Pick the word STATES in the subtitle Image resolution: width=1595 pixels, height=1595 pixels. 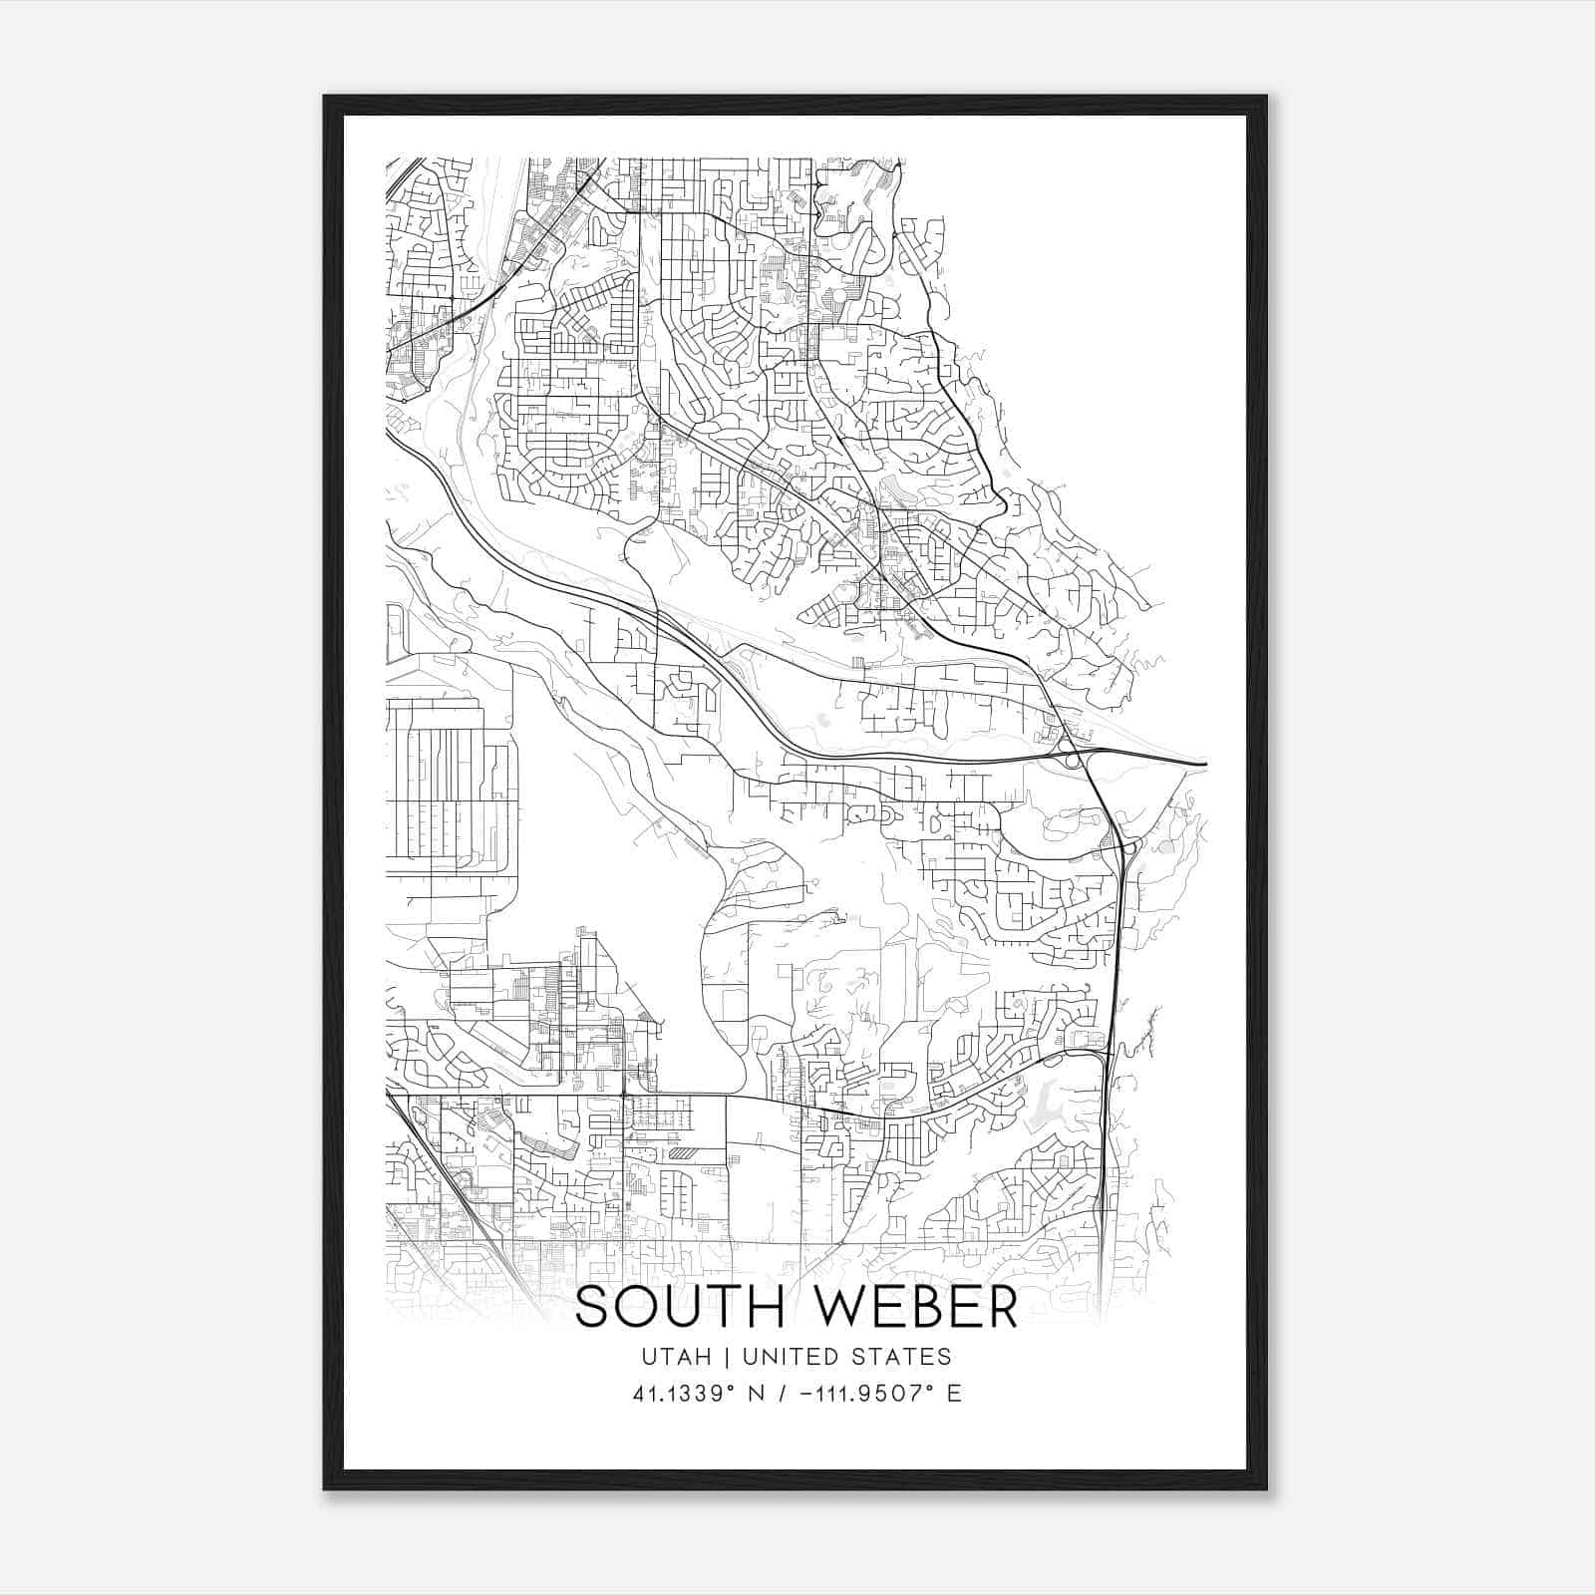pos(904,1357)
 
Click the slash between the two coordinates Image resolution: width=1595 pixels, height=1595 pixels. pos(775,1394)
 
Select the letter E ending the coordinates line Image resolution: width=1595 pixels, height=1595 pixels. pos(954,1394)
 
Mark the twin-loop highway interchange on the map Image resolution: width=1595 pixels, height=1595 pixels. pos(1073,760)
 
